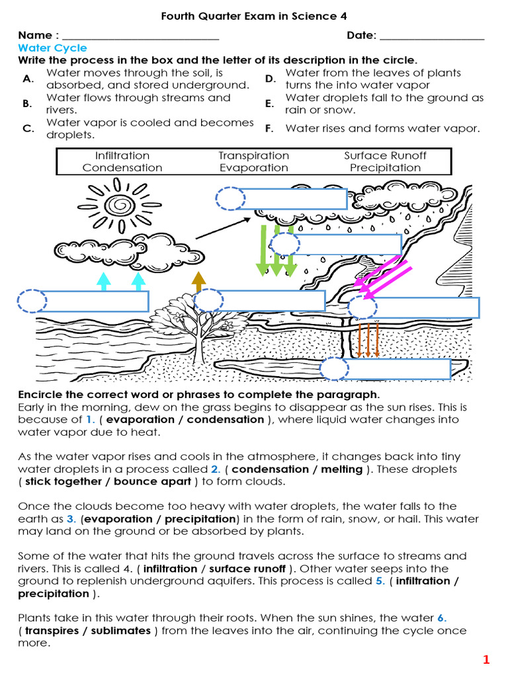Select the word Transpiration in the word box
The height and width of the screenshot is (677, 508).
tap(254, 156)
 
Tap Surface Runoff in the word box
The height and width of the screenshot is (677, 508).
tap(385, 156)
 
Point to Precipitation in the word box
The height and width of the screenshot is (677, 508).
tap(385, 168)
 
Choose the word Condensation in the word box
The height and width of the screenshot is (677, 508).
tap(122, 168)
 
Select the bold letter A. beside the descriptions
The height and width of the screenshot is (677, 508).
tap(28, 79)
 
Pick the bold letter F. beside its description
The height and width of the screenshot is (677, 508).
tap(269, 129)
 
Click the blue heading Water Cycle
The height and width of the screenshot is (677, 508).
tap(52, 48)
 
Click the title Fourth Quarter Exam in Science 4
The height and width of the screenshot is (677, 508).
tap(254, 15)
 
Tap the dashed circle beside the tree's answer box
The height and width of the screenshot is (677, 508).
tap(208, 301)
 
